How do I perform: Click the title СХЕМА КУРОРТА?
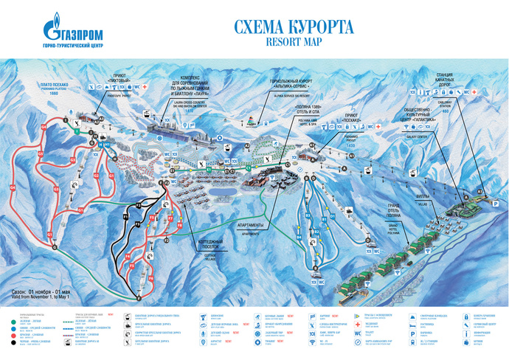pyautogui.click(x=294, y=27)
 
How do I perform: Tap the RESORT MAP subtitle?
pyautogui.click(x=294, y=42)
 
